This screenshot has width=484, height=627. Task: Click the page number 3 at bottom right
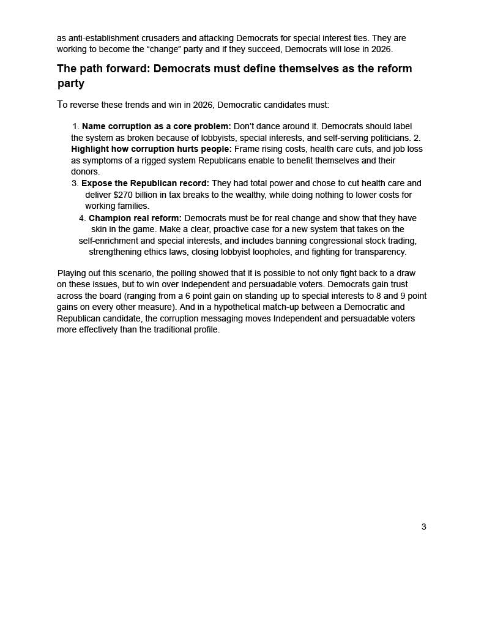click(423, 527)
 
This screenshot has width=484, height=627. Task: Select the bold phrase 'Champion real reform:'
click(135, 218)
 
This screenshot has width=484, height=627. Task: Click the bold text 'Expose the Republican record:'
click(145, 183)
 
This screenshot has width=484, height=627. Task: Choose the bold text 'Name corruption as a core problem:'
click(157, 126)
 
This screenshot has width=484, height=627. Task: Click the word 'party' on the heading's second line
click(71, 83)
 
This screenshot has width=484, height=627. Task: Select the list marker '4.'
click(82, 218)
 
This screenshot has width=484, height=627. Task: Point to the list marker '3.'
click(75, 183)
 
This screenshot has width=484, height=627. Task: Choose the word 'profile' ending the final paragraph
click(205, 329)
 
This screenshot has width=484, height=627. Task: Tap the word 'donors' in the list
click(85, 171)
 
